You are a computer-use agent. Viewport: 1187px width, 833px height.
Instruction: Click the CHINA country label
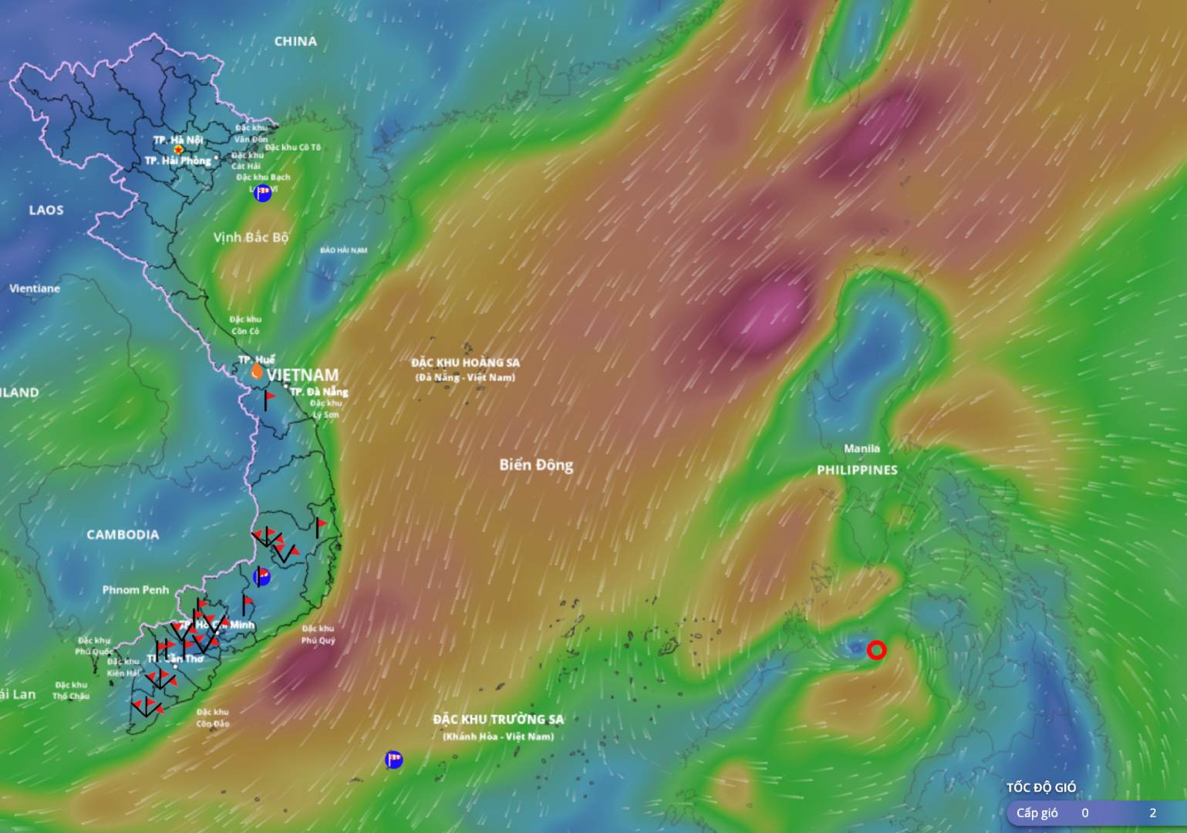coord(295,42)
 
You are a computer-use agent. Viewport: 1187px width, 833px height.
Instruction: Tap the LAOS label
coord(46,210)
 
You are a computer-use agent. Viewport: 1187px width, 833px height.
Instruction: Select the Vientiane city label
coord(35,288)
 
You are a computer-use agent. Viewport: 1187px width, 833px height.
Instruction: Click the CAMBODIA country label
coord(123,535)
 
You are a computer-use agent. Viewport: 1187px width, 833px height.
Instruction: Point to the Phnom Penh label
coord(136,590)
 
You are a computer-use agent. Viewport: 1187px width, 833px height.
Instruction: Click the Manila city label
coord(862,448)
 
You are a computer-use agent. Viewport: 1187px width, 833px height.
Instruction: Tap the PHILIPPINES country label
coord(857,470)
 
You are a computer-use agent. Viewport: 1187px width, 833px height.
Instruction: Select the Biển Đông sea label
coord(536,464)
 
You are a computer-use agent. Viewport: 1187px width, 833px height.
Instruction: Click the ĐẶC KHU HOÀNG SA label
coord(465,363)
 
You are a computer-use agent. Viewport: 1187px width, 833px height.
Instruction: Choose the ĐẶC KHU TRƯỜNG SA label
coord(498,720)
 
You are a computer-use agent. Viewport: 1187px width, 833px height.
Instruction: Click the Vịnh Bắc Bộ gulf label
coord(251,238)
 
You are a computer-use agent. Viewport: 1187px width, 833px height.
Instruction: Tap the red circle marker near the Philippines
coord(876,650)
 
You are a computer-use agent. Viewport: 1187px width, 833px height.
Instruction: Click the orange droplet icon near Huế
coord(257,371)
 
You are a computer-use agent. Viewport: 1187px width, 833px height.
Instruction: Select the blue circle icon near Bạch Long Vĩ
coord(263,193)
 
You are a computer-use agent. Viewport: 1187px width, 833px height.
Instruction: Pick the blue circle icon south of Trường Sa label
coord(394,760)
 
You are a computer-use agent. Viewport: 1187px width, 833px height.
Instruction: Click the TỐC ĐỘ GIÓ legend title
coord(1040,787)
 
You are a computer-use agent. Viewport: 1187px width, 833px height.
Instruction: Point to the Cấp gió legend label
coord(1037,813)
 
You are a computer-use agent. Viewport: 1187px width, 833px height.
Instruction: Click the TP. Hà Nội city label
coord(178,140)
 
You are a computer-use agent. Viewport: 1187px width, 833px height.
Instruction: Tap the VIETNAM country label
coord(303,376)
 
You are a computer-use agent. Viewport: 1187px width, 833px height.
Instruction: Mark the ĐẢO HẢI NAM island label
coord(344,250)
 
